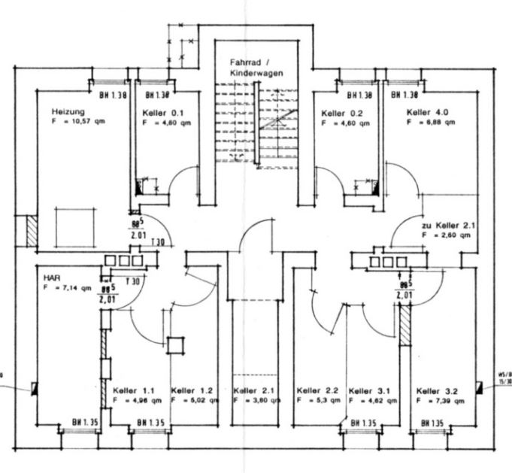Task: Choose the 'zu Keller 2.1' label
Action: (448, 225)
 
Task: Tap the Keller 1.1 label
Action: (134, 391)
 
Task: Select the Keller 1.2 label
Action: (192, 391)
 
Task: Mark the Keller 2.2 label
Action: (318, 391)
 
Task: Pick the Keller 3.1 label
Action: (371, 391)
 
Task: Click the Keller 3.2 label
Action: (437, 392)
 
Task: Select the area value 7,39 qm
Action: (444, 402)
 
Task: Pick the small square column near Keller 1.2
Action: (175, 345)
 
